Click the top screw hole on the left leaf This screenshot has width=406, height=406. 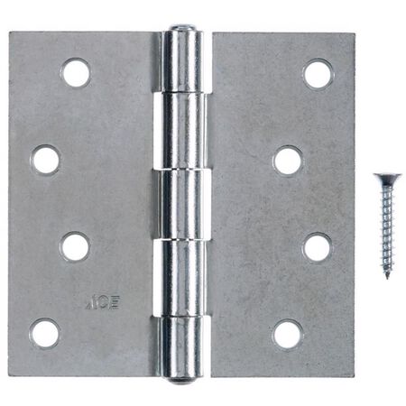coord(76,73)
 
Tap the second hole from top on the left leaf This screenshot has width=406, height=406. coord(45,161)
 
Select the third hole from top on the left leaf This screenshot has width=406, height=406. coord(76,246)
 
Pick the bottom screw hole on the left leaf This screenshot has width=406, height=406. coord(45,333)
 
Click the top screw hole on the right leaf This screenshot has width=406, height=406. coord(318,73)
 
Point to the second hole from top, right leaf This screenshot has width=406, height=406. coord(288,161)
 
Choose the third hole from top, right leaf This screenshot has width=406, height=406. coord(318,247)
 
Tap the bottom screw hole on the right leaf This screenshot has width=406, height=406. coord(288,334)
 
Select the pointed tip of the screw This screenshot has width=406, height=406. coord(386,276)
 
